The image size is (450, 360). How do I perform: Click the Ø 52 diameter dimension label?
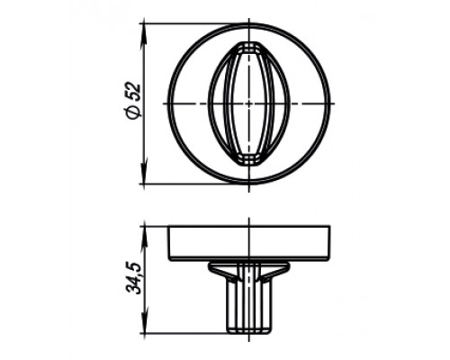click(x=133, y=101)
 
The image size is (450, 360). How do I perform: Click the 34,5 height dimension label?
click(x=133, y=278)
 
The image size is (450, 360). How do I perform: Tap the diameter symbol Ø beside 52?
click(x=133, y=112)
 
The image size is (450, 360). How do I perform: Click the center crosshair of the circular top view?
click(x=249, y=103)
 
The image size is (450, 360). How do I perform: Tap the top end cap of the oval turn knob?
click(x=249, y=47)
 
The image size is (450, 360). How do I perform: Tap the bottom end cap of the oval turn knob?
click(x=249, y=159)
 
